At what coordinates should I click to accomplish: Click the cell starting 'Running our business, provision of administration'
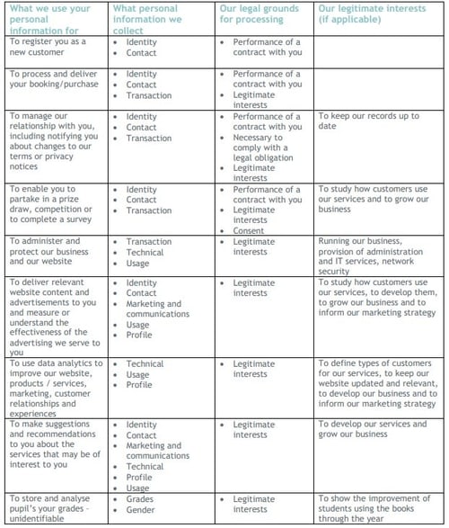click(374, 256)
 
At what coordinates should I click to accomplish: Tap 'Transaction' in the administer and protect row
click(148, 242)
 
